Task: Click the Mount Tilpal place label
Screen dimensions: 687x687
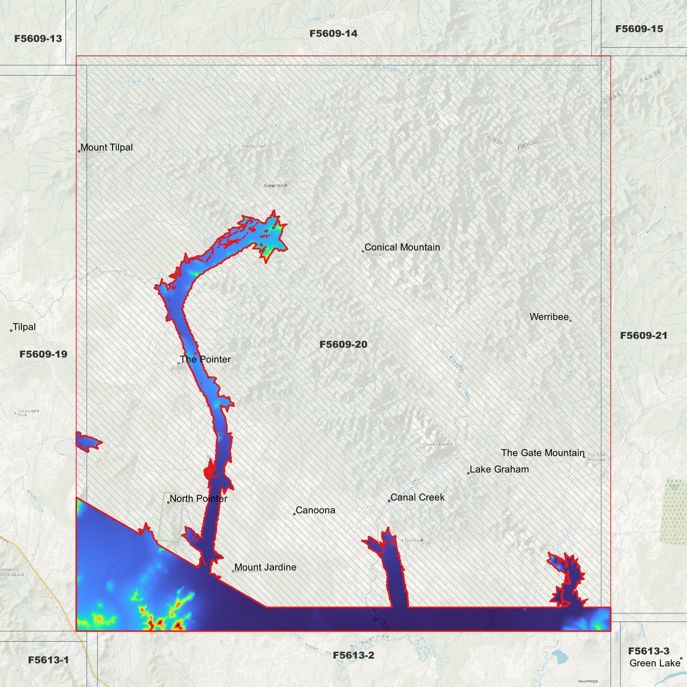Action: tap(106, 147)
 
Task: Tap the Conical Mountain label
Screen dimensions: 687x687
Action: tap(402, 247)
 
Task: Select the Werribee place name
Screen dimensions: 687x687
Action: tap(549, 317)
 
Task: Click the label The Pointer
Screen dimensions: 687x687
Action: tap(205, 359)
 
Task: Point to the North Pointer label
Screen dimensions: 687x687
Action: tap(198, 499)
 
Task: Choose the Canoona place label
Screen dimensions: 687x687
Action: tap(315, 510)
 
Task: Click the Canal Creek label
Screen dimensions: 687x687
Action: tap(417, 497)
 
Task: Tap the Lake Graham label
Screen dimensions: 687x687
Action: tap(499, 469)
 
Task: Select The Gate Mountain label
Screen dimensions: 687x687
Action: tap(542, 453)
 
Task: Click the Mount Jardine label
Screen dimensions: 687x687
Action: tap(265, 567)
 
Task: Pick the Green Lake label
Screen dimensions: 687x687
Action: tap(655, 663)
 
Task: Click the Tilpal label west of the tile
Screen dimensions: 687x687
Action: tap(24, 327)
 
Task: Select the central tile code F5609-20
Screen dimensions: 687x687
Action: tap(343, 344)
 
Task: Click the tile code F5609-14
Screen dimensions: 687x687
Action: tap(333, 33)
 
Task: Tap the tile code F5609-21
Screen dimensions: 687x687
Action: tap(644, 336)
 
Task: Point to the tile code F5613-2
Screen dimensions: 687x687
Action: tap(353, 655)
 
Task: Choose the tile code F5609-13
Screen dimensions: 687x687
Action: tap(38, 39)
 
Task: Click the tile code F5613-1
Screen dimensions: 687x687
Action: tap(48, 660)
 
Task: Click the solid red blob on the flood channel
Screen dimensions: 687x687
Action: tap(208, 472)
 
